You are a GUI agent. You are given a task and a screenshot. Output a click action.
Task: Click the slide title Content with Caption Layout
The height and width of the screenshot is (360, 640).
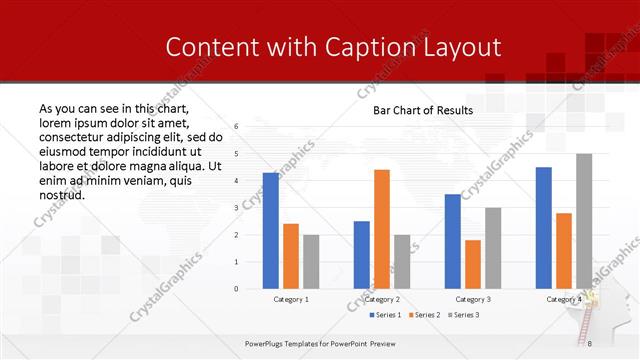point(333,47)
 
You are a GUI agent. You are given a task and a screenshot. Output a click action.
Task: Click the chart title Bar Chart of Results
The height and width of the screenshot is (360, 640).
point(423,110)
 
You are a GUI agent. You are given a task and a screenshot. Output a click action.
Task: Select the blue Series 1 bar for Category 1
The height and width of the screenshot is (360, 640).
point(271,230)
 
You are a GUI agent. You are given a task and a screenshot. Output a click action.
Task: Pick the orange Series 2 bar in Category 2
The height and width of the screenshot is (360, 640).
point(382,229)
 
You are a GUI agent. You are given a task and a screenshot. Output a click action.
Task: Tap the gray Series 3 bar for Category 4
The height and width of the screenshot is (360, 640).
point(584,221)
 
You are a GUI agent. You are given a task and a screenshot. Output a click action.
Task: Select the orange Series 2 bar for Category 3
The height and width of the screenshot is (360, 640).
point(473,264)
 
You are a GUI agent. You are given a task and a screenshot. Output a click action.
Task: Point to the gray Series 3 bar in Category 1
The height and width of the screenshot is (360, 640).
point(311,261)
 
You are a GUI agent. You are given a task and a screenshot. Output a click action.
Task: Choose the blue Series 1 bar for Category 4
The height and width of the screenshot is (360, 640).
point(544,227)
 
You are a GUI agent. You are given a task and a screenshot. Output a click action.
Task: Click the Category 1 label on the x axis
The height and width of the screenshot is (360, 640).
point(291,299)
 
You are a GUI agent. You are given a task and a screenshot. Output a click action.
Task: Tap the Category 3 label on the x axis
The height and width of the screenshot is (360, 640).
point(473,299)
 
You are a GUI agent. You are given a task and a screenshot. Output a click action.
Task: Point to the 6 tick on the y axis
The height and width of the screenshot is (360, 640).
point(236,127)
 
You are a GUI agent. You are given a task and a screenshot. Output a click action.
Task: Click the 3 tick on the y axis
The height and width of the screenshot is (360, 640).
point(236,208)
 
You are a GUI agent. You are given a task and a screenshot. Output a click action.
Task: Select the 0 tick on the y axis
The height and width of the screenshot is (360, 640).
point(236,289)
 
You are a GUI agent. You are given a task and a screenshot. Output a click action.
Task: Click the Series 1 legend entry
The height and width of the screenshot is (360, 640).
point(387,316)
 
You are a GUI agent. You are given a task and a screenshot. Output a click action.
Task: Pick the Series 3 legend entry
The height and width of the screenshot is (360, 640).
point(464,316)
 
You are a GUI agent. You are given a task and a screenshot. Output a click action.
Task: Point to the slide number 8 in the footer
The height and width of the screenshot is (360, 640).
point(590,343)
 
